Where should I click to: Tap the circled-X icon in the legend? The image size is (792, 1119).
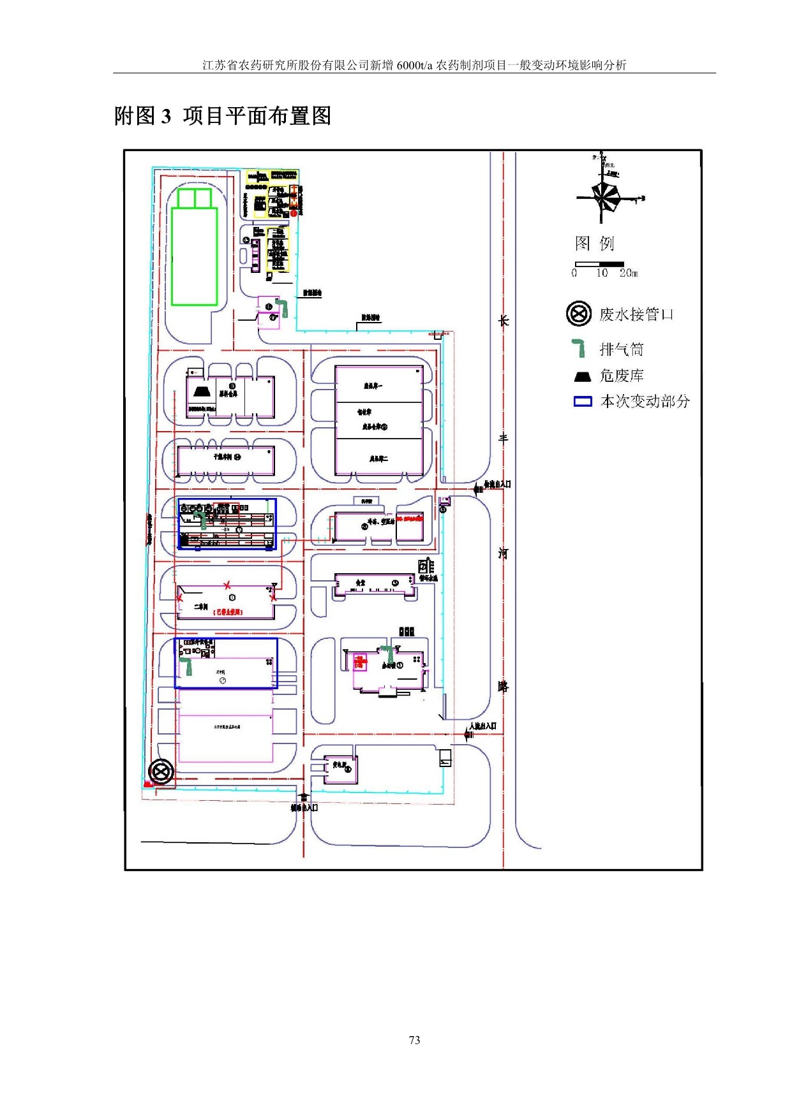tap(578, 314)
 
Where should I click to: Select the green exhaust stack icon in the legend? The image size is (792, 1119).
tap(579, 348)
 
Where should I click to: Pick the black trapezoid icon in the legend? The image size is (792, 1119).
tap(583, 376)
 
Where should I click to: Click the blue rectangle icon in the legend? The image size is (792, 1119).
tap(583, 402)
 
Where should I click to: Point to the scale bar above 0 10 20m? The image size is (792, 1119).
tap(599, 264)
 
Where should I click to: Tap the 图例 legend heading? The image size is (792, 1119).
tap(594, 243)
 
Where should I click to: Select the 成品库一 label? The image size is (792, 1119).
tap(373, 386)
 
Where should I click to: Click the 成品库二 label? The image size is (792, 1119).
tap(378, 458)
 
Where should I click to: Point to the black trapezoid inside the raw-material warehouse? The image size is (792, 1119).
tap(202, 391)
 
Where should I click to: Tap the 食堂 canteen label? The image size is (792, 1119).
tap(361, 583)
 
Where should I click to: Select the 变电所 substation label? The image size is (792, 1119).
tap(339, 765)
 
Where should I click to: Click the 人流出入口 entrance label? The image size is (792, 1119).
tap(482, 726)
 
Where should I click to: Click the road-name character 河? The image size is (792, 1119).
tap(504, 553)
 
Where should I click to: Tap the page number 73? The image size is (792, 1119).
tap(414, 1040)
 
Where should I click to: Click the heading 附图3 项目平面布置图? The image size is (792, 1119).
tap(223, 116)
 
